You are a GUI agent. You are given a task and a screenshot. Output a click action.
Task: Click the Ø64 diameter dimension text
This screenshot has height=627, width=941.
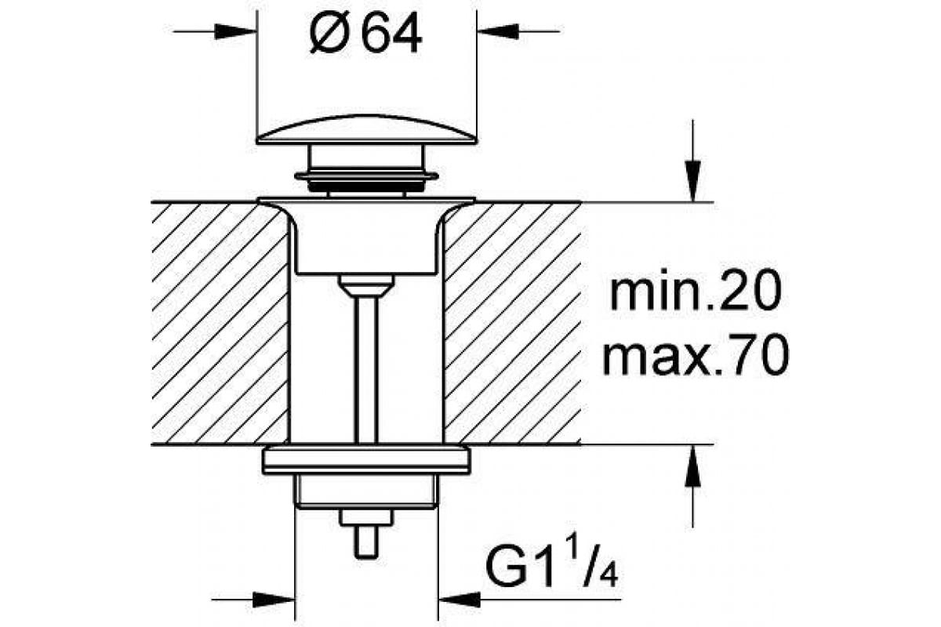click(365, 34)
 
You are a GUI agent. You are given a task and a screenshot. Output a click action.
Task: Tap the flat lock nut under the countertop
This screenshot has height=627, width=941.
click(366, 460)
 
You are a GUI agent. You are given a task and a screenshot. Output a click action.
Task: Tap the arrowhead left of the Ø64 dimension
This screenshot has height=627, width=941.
click(239, 31)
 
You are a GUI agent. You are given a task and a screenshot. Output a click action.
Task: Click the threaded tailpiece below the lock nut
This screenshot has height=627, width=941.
click(366, 491)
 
